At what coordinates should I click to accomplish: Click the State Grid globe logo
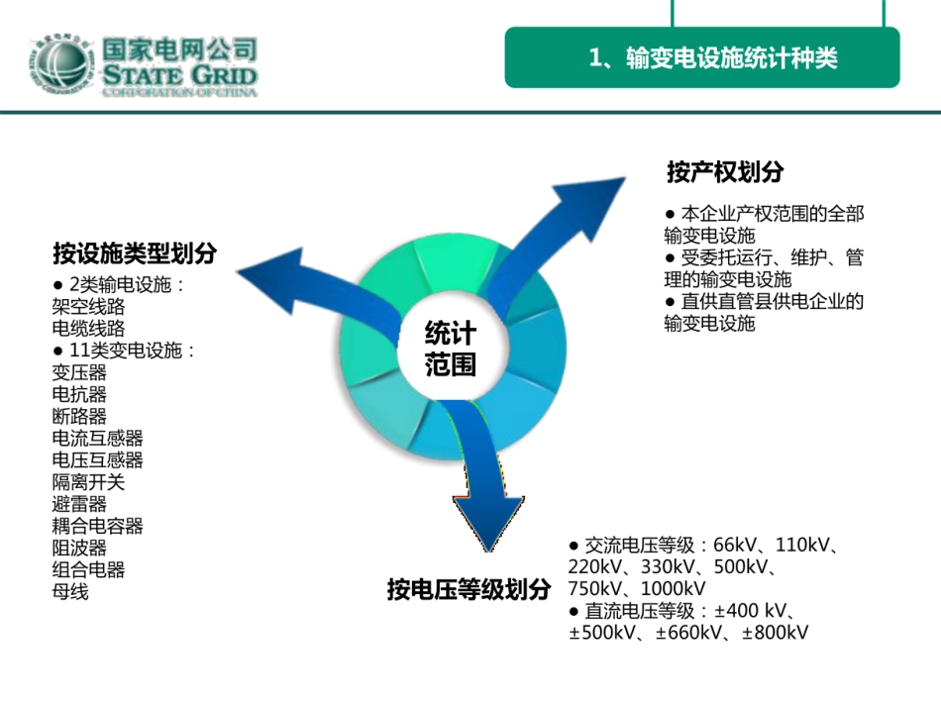click(x=61, y=64)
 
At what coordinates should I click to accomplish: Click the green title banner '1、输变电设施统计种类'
click(x=702, y=57)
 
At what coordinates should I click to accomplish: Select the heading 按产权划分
click(x=725, y=171)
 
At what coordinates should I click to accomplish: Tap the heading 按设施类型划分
click(x=135, y=253)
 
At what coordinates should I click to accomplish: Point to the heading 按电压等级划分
click(x=469, y=589)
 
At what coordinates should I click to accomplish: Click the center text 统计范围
click(x=450, y=349)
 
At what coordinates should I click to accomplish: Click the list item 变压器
click(x=79, y=372)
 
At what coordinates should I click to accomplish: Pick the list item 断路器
click(x=79, y=416)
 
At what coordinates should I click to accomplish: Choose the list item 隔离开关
click(x=88, y=482)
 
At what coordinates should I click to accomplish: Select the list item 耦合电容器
click(x=97, y=526)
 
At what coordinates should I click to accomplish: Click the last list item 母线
click(x=70, y=591)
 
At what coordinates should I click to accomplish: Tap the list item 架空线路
click(x=88, y=307)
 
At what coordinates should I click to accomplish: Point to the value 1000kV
click(x=673, y=588)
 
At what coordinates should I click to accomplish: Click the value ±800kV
click(x=775, y=632)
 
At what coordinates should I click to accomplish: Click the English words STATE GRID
click(x=179, y=75)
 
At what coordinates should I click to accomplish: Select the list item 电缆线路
click(x=88, y=328)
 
